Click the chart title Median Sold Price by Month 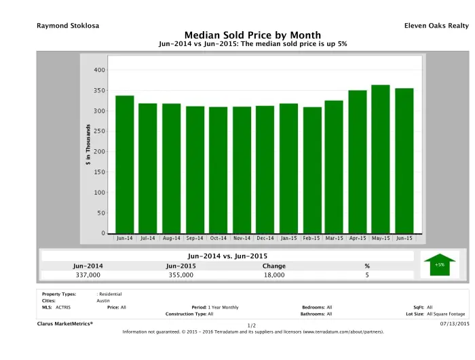click(252, 35)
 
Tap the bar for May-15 click(381, 159)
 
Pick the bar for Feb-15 click(312, 169)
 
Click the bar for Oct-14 click(218, 169)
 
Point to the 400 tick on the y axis click(100, 70)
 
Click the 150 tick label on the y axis click(100, 172)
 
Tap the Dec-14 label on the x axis click(265, 239)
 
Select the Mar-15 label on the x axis click(334, 239)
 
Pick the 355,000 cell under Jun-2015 click(180, 275)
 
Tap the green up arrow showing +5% click(440, 264)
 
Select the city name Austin click(104, 300)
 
